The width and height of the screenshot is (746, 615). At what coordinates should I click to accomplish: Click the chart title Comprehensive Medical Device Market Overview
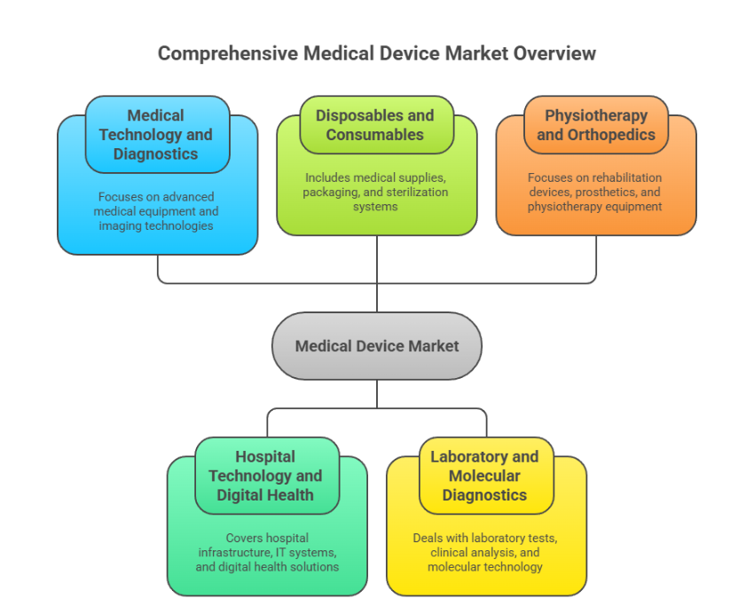coord(377,53)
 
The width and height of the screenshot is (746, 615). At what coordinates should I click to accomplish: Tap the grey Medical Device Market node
coord(377,346)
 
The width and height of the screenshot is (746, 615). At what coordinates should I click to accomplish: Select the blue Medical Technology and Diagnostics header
coord(156,135)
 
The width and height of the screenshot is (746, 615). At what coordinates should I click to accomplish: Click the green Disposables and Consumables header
coord(375,125)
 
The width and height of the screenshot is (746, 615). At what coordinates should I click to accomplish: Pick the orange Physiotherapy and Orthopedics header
coord(595,125)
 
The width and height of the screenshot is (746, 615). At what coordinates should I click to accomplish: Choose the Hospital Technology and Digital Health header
coord(265,476)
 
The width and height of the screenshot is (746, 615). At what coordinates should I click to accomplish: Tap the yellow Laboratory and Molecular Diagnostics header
coord(484,476)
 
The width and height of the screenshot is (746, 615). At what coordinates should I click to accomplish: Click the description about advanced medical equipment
coord(156,211)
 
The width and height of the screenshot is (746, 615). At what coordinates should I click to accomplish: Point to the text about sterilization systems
coord(375,192)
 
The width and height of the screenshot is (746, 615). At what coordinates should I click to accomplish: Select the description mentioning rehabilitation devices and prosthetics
coord(595,192)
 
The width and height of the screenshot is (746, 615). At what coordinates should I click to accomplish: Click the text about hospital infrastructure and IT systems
coord(267,552)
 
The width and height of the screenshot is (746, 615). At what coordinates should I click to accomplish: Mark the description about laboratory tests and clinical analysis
coord(484,552)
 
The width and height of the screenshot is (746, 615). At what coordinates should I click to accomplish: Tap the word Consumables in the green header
coord(375,135)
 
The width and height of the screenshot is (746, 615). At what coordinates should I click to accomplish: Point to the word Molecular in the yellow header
coord(484,476)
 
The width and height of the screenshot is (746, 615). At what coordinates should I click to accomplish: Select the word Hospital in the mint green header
coord(265,456)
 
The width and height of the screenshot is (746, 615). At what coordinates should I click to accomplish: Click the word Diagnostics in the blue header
coord(156,154)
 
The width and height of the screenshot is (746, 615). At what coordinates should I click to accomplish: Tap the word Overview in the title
coord(558,53)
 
